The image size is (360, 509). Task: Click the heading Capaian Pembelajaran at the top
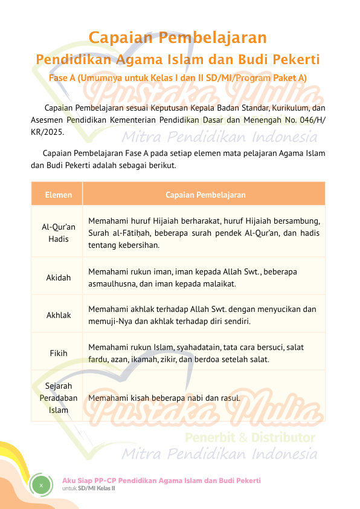coord(178,38)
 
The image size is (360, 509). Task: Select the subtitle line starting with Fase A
coord(178,78)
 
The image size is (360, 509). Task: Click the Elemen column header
coord(58,195)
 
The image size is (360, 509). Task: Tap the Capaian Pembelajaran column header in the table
coord(205,195)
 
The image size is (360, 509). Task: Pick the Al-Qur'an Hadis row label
coord(59,233)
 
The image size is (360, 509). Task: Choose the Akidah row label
coord(59,278)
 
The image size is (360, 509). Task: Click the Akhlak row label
coord(59,315)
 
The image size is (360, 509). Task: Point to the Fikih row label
coord(59,353)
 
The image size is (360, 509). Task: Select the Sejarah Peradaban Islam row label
coord(59,398)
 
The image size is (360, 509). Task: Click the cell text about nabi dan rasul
coord(164,398)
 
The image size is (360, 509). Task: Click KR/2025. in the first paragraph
coord(47,131)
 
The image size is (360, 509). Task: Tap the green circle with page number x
coord(41,485)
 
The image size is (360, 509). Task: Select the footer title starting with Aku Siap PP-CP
coord(161,480)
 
